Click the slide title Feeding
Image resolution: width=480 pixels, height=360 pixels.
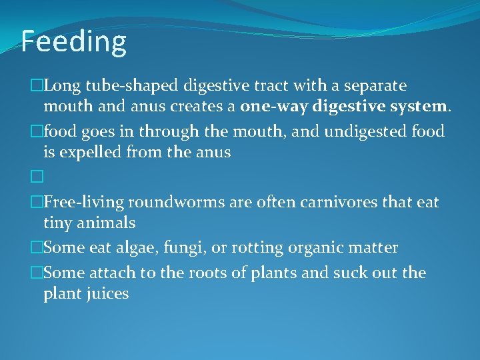pyautogui.click(x=73, y=41)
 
